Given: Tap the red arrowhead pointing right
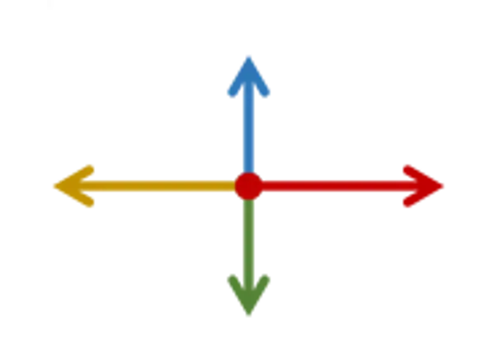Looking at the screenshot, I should click(424, 186).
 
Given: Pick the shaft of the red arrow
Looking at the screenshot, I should click(330, 186).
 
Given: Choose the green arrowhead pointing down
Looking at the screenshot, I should click(248, 292).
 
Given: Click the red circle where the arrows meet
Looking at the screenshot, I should click(248, 186).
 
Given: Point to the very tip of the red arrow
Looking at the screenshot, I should click(447, 186).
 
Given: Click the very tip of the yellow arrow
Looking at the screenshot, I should click(50, 186).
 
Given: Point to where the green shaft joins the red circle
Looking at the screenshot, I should click(248, 200).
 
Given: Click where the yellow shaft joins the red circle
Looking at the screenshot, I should click(235, 186).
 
